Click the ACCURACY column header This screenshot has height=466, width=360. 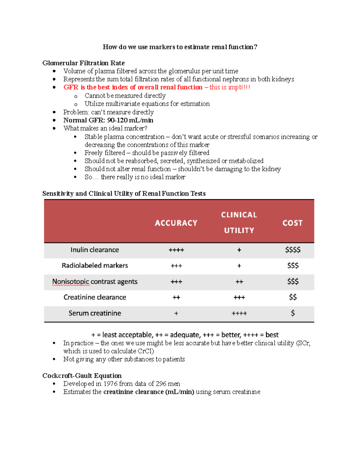point(176,223)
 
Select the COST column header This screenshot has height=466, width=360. point(292,223)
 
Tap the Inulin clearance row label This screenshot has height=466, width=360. point(95,250)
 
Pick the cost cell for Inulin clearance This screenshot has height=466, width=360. point(293,250)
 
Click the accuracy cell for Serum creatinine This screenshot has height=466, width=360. point(176,313)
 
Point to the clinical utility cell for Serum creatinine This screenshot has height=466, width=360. point(239,313)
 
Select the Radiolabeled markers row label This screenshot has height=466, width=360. point(95,266)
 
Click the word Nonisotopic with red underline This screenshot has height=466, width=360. point(71,282)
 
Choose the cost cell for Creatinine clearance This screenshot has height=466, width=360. point(293,297)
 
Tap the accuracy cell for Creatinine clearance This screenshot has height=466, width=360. point(176,297)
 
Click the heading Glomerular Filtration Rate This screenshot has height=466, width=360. point(83,63)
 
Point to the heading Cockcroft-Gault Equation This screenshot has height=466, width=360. point(82,376)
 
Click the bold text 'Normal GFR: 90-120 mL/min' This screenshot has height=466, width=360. point(108,120)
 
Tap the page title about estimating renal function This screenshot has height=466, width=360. point(180,47)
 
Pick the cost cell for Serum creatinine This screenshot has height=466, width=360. point(293,313)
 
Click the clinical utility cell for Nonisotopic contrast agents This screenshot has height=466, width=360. point(239,282)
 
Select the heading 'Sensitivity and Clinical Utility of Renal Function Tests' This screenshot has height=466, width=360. point(124,194)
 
